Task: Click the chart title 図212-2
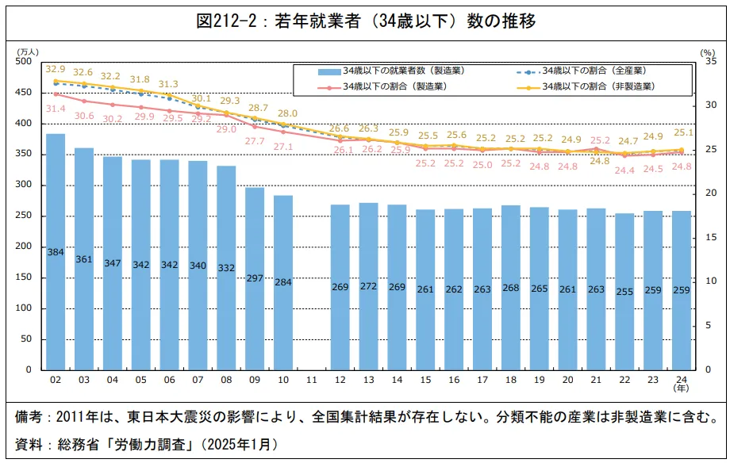tap(365, 21)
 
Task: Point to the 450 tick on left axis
tap(23, 93)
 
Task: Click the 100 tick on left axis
tap(23, 308)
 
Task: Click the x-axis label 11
tap(312, 381)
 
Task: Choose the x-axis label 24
tap(681, 381)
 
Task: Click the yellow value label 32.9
tap(56, 69)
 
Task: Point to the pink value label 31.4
tap(56, 108)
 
